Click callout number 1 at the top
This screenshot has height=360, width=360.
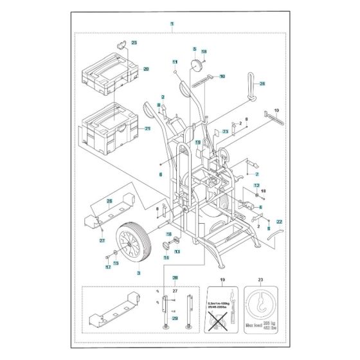(x=172, y=24)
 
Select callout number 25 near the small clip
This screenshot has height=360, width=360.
(x=134, y=42)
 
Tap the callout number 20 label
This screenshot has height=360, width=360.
(x=146, y=69)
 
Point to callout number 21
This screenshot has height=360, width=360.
(x=147, y=129)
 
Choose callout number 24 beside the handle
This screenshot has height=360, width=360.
(x=262, y=85)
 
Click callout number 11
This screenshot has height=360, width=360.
(x=174, y=62)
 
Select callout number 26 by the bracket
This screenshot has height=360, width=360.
(x=109, y=201)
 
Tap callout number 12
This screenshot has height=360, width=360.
(x=256, y=185)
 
